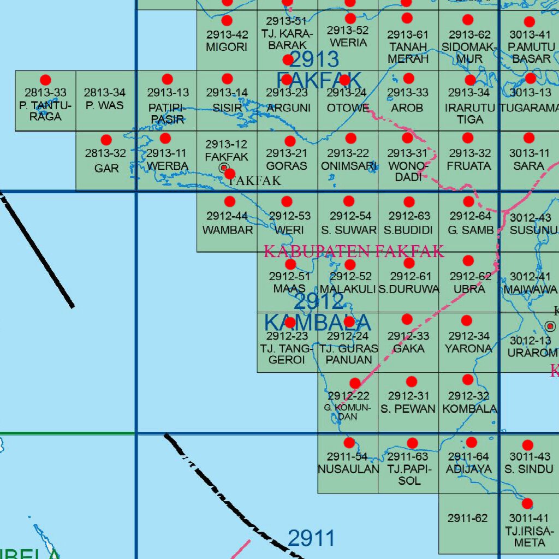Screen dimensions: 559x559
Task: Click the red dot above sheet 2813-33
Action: (45, 80)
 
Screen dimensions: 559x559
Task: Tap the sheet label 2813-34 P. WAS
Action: (105, 99)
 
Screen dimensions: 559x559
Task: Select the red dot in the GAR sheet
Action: (106, 140)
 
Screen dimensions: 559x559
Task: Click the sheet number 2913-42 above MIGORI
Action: (227, 35)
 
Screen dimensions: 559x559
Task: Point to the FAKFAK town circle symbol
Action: (224, 169)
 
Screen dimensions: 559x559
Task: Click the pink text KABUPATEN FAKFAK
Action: (354, 251)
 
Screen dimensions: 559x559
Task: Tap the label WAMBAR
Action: (228, 230)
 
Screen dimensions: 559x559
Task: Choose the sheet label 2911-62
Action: (467, 518)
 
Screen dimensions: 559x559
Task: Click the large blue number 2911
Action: (311, 539)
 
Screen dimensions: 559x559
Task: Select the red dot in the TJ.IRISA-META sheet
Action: (527, 503)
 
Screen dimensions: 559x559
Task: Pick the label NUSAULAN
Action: (348, 469)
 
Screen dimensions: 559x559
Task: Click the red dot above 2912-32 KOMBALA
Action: (468, 379)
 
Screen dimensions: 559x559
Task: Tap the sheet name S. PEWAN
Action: (408, 409)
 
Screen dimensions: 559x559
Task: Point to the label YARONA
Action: (468, 348)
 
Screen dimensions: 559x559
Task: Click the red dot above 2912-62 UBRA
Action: (468, 261)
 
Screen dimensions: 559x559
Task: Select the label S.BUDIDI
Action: (408, 230)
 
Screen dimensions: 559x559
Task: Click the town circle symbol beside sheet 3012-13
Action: (551, 326)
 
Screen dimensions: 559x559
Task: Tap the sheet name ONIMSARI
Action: (348, 166)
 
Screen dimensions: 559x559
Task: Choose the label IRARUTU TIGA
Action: (469, 114)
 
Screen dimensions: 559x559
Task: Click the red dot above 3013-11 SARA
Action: (528, 138)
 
